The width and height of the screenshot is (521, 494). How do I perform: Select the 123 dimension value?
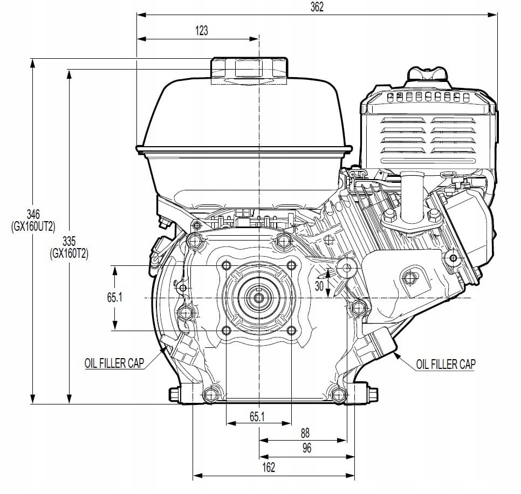coord(201,31)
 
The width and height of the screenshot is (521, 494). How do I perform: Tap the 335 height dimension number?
coord(69,240)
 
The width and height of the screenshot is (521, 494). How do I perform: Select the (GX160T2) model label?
coord(69,252)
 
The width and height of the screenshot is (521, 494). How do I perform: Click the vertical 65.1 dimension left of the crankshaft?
coord(112,298)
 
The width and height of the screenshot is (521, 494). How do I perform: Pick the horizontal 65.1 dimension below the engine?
coord(257,416)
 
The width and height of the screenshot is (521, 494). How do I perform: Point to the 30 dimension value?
coord(319,287)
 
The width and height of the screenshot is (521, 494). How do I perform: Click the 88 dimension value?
coord(305,433)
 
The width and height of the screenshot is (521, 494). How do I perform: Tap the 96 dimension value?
coord(306,449)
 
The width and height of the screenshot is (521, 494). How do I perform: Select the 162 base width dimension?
coord(268,467)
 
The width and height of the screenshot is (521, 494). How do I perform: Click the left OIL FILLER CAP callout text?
coord(114,363)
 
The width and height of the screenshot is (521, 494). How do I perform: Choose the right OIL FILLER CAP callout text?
coord(445,365)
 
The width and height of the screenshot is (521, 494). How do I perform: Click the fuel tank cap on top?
coord(249,69)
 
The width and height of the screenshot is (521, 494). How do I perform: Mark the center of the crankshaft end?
coord(259,298)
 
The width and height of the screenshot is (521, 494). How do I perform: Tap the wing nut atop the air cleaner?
coord(428,75)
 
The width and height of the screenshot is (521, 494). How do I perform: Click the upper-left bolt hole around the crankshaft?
coord(226,265)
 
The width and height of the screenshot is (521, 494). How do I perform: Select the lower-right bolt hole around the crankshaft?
coord(292,331)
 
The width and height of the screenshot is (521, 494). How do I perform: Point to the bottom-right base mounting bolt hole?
coord(338,395)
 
